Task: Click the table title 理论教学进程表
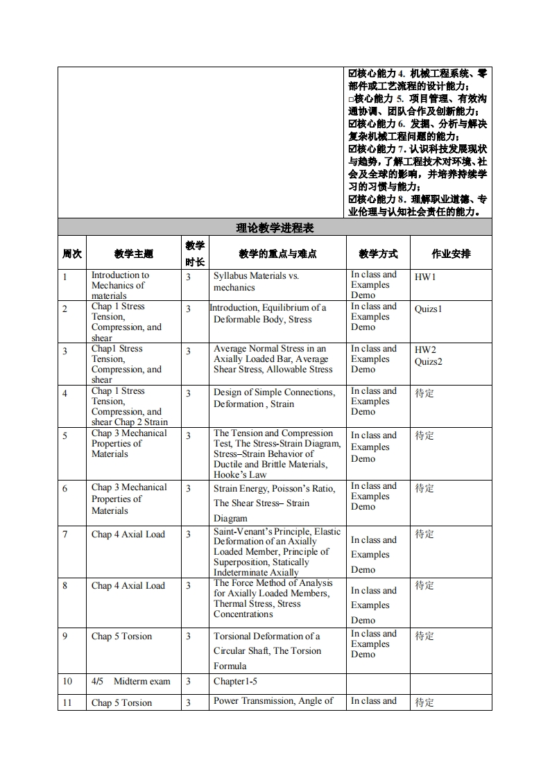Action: pos(275,227)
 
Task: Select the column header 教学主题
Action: pos(134,254)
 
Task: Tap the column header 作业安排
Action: pos(451,254)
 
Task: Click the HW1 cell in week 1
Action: pos(425,277)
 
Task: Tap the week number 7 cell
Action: pos(65,535)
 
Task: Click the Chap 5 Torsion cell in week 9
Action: pos(121,637)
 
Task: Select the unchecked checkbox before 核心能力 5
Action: pos(352,99)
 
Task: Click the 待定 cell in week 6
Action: pos(424,489)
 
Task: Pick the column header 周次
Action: pos(72,254)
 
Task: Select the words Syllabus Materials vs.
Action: pos(256,276)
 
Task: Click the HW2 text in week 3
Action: pos(425,350)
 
